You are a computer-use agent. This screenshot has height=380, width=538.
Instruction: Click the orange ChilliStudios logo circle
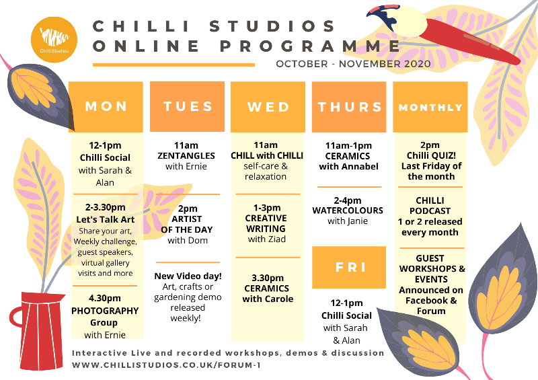pyautogui.click(x=54, y=40)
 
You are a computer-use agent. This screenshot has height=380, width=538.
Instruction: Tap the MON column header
pyautogui.click(x=106, y=107)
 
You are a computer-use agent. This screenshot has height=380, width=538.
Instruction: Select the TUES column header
pyautogui.click(x=188, y=106)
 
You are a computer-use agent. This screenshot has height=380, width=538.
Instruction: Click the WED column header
pyautogui.click(x=268, y=107)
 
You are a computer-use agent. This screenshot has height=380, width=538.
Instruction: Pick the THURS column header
pyautogui.click(x=349, y=107)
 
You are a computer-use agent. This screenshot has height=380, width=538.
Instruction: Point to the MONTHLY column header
pyautogui.click(x=430, y=107)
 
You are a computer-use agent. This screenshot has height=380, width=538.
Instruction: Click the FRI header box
pyautogui.click(x=349, y=267)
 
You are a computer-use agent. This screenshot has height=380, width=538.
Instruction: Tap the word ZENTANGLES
pyautogui.click(x=186, y=156)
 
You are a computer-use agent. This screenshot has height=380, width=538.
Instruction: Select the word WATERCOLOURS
pyautogui.click(x=348, y=211)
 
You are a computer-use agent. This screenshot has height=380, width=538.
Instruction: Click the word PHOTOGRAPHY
pyautogui.click(x=105, y=311)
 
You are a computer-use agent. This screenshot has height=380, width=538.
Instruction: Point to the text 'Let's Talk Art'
pyautogui.click(x=106, y=219)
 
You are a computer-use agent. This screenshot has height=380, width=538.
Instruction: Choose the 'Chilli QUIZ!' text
pyautogui.click(x=431, y=155)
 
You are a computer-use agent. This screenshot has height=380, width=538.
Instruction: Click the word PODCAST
pyautogui.click(x=430, y=211)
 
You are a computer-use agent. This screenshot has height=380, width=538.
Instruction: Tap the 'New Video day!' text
pyautogui.click(x=188, y=276)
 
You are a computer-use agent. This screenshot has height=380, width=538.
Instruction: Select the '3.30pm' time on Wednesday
pyautogui.click(x=268, y=278)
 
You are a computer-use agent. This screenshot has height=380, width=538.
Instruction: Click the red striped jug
pyautogui.click(x=38, y=330)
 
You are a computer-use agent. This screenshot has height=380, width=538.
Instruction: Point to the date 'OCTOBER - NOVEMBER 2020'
pyautogui.click(x=353, y=64)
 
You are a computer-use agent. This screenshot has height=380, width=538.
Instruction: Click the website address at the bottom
pyautogui.click(x=166, y=365)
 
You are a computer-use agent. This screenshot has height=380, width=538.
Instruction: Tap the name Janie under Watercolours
pyautogui.click(x=357, y=221)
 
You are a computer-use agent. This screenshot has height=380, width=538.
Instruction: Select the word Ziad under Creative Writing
pyautogui.click(x=276, y=239)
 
